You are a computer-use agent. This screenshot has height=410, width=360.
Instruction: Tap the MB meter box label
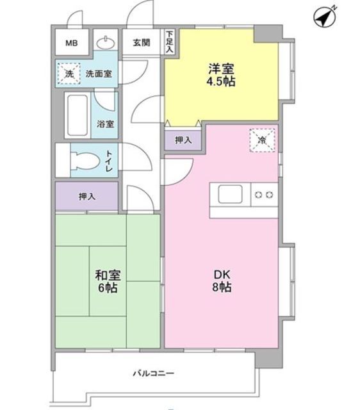[70, 44]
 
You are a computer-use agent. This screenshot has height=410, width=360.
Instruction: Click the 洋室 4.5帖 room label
[220, 75]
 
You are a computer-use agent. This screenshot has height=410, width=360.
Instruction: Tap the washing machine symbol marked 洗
[69, 74]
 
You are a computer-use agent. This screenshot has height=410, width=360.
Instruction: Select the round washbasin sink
[105, 43]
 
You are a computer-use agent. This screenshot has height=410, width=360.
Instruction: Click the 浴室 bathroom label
[106, 124]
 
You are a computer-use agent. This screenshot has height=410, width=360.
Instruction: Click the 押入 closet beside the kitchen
[183, 140]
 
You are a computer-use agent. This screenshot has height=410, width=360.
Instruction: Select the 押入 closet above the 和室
[87, 197]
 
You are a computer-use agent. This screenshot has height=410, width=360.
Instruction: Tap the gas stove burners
[264, 193]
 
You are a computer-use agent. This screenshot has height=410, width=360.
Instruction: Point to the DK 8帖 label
[222, 281]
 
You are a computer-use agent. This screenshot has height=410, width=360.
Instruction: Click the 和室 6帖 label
[108, 281]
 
